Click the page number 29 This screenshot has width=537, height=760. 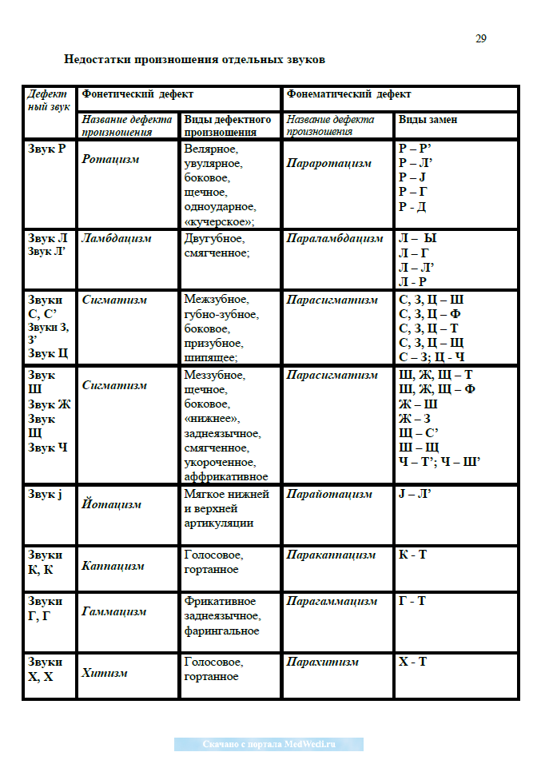(x=480, y=38)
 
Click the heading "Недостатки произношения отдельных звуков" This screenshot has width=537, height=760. (x=194, y=60)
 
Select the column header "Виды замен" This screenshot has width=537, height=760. (x=428, y=120)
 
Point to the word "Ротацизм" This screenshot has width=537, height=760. (x=110, y=159)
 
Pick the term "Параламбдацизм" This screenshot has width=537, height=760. (x=335, y=238)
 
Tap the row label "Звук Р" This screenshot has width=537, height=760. (x=46, y=149)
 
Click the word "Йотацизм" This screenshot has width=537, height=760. (x=111, y=504)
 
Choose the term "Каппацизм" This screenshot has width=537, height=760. (x=113, y=566)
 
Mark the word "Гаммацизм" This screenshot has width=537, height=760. (x=113, y=611)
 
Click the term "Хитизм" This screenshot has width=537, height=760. (x=105, y=673)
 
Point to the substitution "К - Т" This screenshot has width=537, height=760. (x=412, y=554)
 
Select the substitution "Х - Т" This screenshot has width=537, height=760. (x=412, y=662)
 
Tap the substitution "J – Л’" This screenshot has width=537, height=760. (x=415, y=494)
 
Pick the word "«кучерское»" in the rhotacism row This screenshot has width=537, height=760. (x=219, y=221)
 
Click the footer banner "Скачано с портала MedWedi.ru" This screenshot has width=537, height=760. (x=268, y=744)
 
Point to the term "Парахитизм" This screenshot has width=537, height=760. (x=322, y=662)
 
